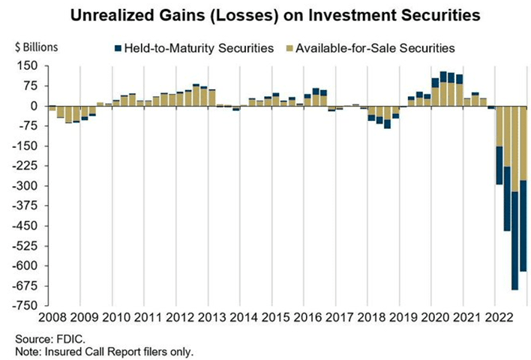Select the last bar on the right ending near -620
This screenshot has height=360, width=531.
pos(523,188)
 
